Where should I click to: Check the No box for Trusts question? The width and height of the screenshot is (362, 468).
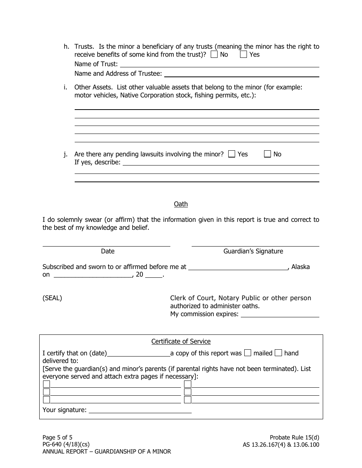tap(214, 54)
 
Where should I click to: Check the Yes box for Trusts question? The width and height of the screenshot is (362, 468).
tap(243, 54)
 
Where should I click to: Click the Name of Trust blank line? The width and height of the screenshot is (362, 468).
tap(219, 65)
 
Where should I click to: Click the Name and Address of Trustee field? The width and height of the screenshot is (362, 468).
tap(241, 74)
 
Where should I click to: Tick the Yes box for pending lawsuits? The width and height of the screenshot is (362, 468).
tap(232, 154)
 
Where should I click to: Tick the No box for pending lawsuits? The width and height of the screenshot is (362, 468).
tap(267, 154)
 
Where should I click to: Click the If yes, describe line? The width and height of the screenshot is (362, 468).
tap(221, 163)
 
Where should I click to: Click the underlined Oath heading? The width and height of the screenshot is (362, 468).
tap(181, 204)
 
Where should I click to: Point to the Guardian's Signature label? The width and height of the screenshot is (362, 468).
tap(253, 251)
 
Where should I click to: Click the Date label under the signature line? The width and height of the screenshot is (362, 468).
tap(107, 251)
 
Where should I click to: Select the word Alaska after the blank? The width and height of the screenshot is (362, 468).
tap(301, 267)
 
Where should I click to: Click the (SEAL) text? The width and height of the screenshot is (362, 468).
tap(52, 298)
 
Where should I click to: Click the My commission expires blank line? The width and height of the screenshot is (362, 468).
tap(280, 315)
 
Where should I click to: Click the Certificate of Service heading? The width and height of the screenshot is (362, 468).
tap(181, 342)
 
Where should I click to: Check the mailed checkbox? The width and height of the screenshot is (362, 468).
tap(248, 353)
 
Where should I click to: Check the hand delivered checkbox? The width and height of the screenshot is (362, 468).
tap(278, 353)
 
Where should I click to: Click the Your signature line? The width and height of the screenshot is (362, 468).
tap(140, 411)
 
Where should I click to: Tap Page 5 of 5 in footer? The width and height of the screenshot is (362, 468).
tap(57, 438)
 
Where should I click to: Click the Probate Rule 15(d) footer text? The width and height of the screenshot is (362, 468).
tap(294, 438)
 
